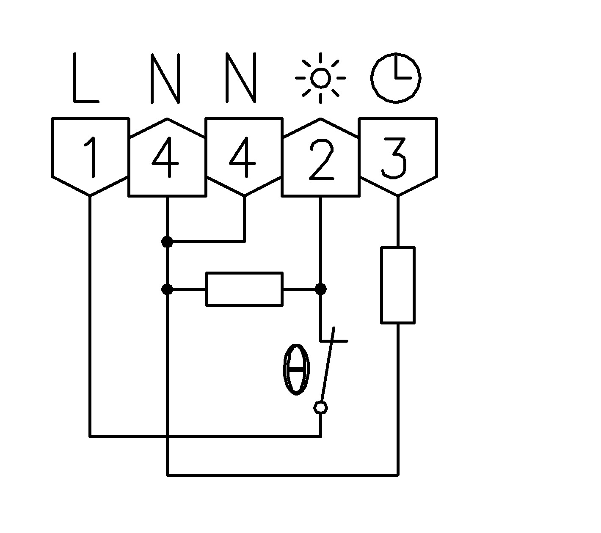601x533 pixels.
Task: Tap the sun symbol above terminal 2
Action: click(x=320, y=78)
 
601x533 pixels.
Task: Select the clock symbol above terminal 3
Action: click(x=396, y=78)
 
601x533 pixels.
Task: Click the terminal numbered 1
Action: click(x=90, y=157)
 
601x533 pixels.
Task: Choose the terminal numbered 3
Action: click(x=397, y=157)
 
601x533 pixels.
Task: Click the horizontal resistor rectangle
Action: click(x=244, y=289)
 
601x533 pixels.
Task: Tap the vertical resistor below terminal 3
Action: click(x=397, y=285)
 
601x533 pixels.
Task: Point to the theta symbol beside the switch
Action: click(x=296, y=369)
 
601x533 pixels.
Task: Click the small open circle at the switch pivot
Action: click(x=320, y=408)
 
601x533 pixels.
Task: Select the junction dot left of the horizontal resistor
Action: click(x=168, y=289)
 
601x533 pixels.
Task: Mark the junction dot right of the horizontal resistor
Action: click(x=321, y=289)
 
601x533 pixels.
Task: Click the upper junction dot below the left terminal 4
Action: click(x=168, y=242)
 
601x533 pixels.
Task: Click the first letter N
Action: click(x=165, y=78)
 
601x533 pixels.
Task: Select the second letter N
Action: click(x=241, y=78)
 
